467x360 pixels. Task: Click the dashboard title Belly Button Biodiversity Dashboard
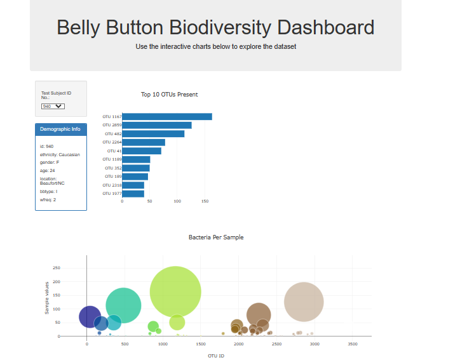[x=215, y=28]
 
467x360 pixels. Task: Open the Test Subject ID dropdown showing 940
[x=53, y=106]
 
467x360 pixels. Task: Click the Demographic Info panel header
[x=60, y=130]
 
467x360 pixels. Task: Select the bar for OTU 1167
[x=166, y=117]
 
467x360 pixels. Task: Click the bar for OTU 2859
[x=156, y=125]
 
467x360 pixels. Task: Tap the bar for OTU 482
[x=152, y=134]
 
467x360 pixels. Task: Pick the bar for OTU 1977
[x=133, y=194]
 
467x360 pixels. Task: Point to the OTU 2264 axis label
[x=112, y=142]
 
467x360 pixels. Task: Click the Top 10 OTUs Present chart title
[x=169, y=95]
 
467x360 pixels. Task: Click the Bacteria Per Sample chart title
[x=215, y=237]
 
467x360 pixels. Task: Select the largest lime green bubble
[x=175, y=291]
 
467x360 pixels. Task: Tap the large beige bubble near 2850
[x=304, y=302]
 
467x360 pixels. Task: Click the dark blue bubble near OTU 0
[x=90, y=316]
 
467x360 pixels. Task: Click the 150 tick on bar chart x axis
[x=205, y=201]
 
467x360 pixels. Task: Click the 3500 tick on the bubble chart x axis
[x=353, y=344]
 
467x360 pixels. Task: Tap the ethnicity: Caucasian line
[x=60, y=154]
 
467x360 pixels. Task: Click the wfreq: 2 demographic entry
[x=48, y=199]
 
